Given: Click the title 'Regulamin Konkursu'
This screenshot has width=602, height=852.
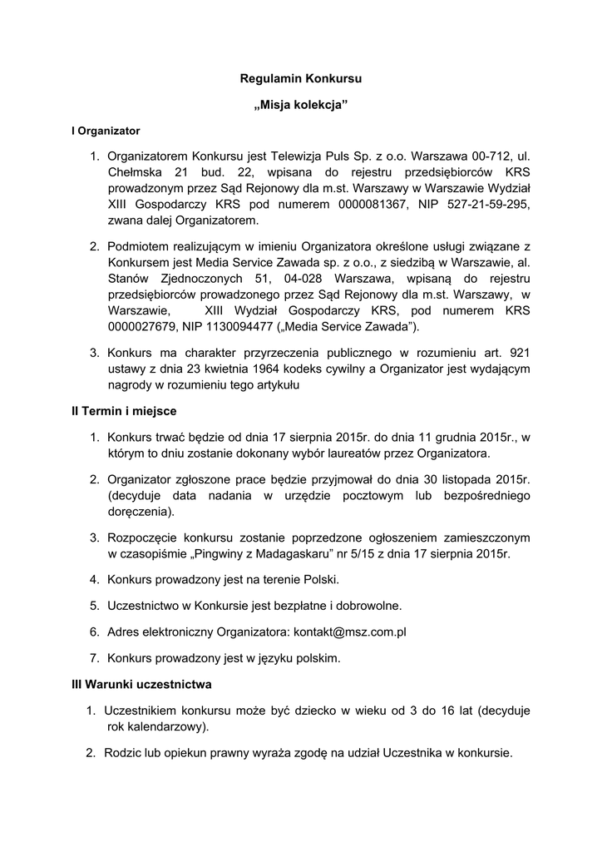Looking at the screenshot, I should [301, 79].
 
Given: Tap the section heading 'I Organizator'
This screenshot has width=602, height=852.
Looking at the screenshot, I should [106, 131].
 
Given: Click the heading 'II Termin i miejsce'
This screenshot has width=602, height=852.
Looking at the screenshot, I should [124, 411].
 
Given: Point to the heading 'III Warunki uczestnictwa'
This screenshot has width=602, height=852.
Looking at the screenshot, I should [141, 685].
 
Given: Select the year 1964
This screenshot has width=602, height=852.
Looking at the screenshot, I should [270, 369].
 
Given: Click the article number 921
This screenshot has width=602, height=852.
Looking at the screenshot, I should [519, 352].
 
